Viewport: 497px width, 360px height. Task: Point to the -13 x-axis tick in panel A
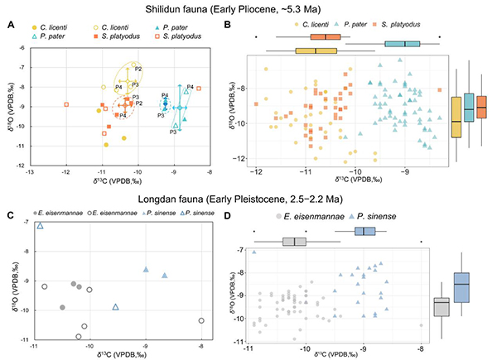click(31, 171)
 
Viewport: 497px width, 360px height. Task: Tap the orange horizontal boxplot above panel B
click(326, 38)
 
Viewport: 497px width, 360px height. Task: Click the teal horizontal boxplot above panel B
click(405, 44)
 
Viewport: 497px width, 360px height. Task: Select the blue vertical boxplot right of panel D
click(461, 289)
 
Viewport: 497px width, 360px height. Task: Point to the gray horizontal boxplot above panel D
click(294, 242)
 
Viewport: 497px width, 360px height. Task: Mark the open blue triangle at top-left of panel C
click(40, 225)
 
